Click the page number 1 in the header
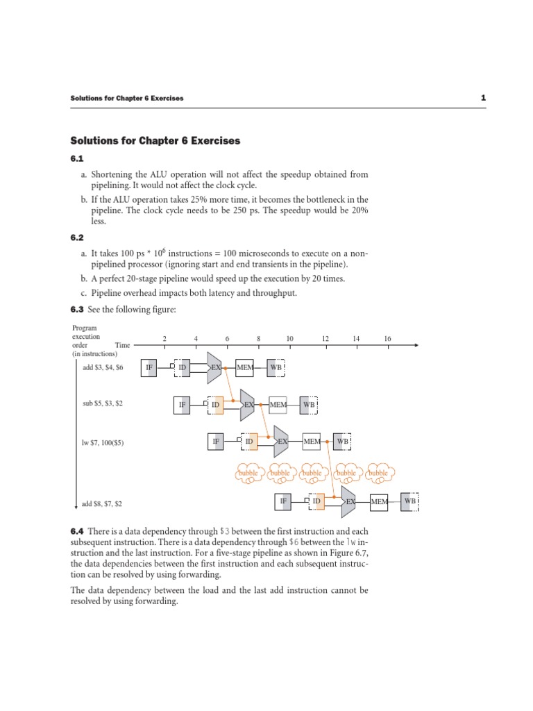(x=482, y=98)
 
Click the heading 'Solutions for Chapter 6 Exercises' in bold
(x=155, y=141)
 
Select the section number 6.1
(x=76, y=159)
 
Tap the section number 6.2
(x=76, y=237)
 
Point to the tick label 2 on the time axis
(x=164, y=338)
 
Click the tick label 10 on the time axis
(x=290, y=338)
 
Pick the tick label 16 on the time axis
(x=387, y=338)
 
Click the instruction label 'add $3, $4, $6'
(x=103, y=367)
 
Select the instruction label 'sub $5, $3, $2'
(x=103, y=403)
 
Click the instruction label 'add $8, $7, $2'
(x=103, y=503)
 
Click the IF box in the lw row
(x=216, y=441)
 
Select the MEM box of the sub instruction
(x=278, y=404)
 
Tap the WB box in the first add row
(x=276, y=367)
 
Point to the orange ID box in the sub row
(x=216, y=404)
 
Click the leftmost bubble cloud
(x=248, y=473)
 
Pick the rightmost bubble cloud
(x=378, y=473)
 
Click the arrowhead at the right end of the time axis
(x=414, y=344)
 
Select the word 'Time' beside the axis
(x=122, y=344)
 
